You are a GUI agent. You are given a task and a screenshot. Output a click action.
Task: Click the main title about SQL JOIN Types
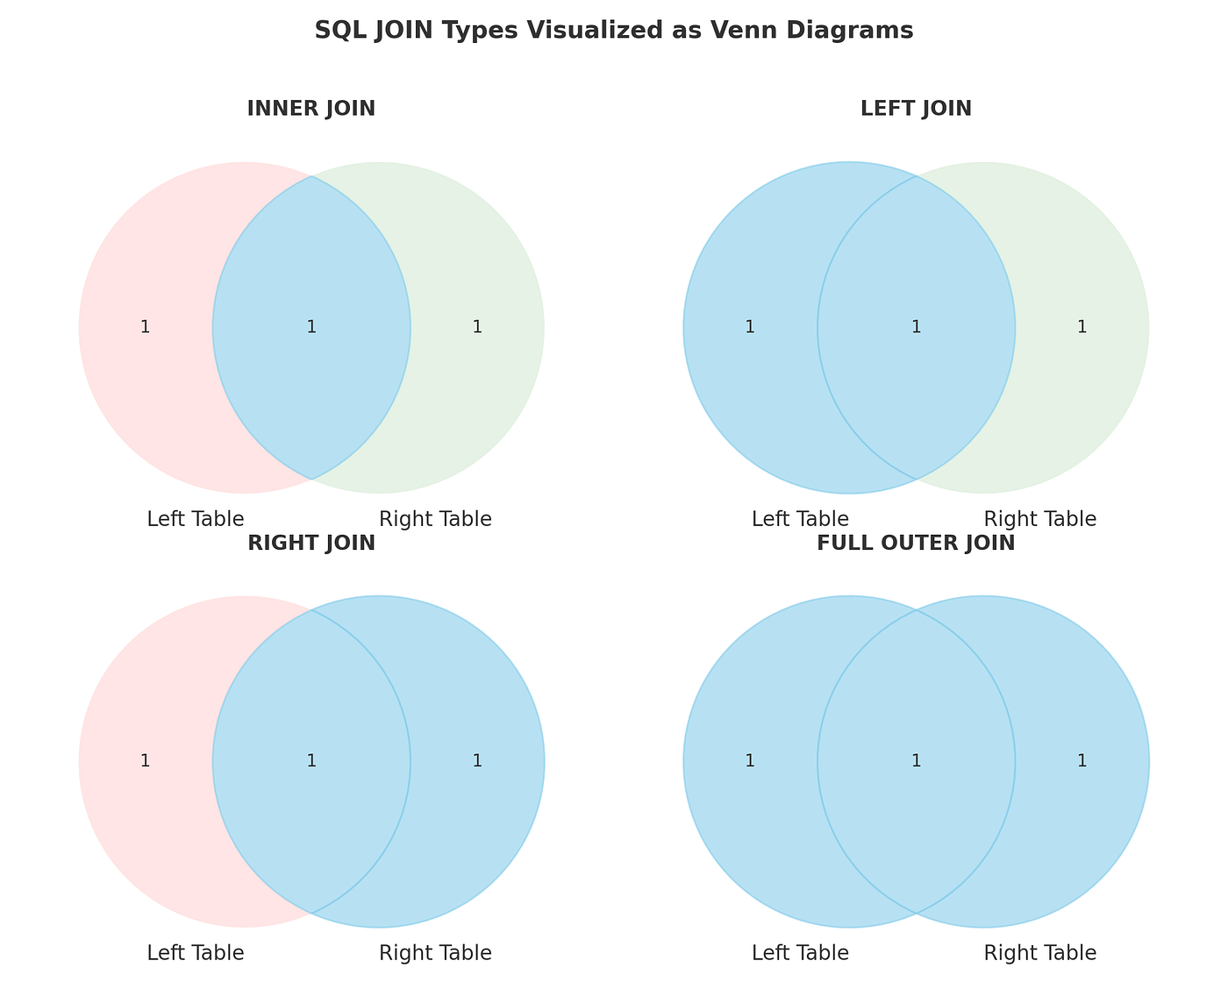click(x=614, y=30)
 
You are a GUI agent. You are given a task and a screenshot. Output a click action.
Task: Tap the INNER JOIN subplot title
click(x=311, y=109)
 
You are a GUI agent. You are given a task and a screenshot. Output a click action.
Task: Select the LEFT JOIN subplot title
click(x=916, y=109)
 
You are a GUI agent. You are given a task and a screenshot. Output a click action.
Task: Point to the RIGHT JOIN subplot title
click(x=311, y=543)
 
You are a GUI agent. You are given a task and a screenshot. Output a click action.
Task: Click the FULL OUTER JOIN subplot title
click(x=916, y=543)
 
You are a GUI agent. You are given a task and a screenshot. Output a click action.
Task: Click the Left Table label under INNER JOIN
click(x=196, y=519)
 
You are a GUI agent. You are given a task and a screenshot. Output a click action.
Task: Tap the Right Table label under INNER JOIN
click(x=435, y=519)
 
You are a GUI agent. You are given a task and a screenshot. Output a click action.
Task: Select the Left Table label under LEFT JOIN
click(x=800, y=519)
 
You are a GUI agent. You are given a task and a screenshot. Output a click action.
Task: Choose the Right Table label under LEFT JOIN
click(x=1040, y=519)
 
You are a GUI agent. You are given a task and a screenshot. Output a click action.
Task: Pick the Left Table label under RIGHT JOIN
click(x=196, y=953)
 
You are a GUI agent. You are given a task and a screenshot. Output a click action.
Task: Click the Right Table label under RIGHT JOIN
click(x=435, y=953)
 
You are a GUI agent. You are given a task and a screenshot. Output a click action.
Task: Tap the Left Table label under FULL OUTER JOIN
click(x=800, y=953)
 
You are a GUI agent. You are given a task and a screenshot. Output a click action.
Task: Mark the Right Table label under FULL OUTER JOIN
click(x=1040, y=953)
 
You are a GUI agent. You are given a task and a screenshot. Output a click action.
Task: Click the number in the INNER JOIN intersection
click(x=311, y=327)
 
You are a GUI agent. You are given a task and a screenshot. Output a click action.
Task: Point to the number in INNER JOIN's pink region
click(x=146, y=327)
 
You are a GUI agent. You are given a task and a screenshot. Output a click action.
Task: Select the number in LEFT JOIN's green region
click(x=1082, y=327)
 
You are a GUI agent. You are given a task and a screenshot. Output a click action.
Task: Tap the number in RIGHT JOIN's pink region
click(x=146, y=761)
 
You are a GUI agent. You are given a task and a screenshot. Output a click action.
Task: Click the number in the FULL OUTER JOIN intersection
click(x=917, y=761)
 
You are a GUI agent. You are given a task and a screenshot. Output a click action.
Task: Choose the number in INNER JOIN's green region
click(x=478, y=327)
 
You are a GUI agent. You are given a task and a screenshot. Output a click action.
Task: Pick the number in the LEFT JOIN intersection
click(x=917, y=327)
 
